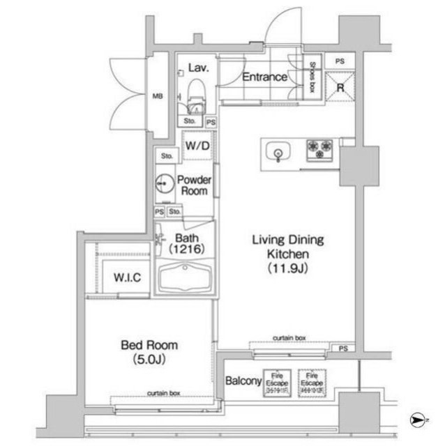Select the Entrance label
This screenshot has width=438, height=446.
click(264, 77)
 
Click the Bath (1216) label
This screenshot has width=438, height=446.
click(188, 243)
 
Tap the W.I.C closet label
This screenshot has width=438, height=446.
click(127, 277)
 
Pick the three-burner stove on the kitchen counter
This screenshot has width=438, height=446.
click(320, 148)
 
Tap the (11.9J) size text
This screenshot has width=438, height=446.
click(287, 268)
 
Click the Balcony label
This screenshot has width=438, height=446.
click(243, 381)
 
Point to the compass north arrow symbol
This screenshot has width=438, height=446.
click(417, 420)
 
